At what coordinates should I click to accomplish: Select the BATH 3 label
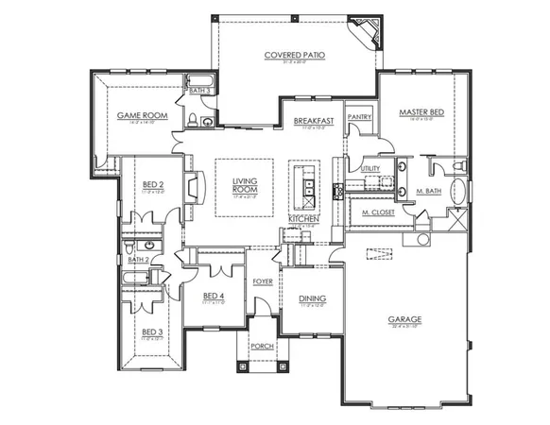[x=200, y=91]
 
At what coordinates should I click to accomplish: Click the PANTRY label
[x=359, y=117]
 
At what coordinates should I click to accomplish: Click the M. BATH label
[x=430, y=192]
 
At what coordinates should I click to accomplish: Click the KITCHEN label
[x=304, y=219]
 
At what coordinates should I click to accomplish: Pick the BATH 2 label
[x=139, y=258]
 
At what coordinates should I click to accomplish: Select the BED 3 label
[x=151, y=331]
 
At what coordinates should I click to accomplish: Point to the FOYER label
[x=264, y=281]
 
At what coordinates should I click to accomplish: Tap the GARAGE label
[x=404, y=319]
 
